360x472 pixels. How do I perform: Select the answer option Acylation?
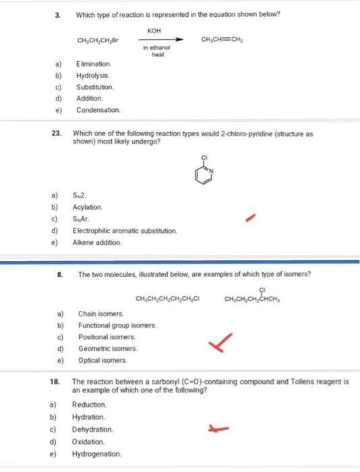click(x=87, y=206)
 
